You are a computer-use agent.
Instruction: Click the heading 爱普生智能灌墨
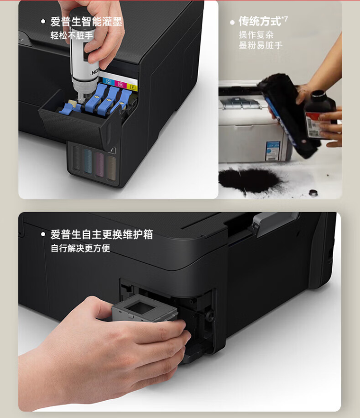tap(87, 22)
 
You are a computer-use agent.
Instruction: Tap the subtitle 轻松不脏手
tap(72, 35)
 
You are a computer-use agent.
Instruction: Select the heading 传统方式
tap(260, 21)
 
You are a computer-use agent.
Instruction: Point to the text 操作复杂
tap(256, 35)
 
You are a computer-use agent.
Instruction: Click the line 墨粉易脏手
tap(261, 45)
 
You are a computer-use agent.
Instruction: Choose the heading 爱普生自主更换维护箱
tap(102, 235)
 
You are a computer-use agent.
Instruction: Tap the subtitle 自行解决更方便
tap(80, 248)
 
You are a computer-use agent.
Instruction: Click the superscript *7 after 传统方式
tap(285, 19)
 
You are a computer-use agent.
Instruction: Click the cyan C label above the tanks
tap(108, 81)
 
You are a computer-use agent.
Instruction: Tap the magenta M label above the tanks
tap(121, 85)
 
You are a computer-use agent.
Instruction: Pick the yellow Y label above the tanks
tap(133, 88)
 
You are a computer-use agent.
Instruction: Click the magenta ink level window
tap(99, 165)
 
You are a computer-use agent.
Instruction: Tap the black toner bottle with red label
tap(320, 114)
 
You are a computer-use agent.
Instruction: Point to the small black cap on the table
tap(313, 193)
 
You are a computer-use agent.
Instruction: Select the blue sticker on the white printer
tap(273, 151)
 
